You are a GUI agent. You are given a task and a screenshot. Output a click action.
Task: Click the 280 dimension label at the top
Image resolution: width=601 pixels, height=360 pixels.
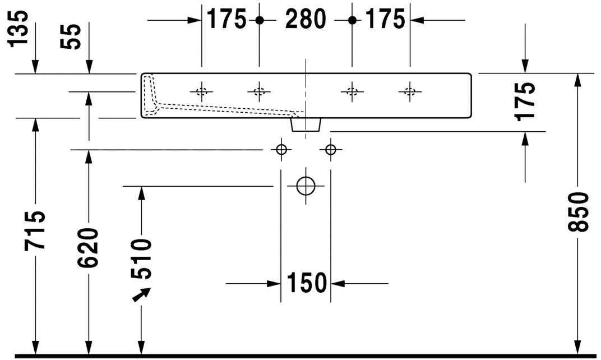click(x=306, y=20)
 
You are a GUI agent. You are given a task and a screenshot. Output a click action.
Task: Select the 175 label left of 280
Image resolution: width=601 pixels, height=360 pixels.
click(x=227, y=20)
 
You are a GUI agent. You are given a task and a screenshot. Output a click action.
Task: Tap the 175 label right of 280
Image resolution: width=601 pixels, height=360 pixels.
click(x=385, y=20)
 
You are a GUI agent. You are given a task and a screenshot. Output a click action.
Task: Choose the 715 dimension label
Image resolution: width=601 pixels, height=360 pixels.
click(x=34, y=230)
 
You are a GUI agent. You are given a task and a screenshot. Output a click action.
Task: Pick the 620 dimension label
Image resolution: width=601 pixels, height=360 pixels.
click(x=88, y=247)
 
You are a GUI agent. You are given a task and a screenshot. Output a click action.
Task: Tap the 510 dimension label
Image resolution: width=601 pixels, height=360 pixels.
click(x=141, y=259)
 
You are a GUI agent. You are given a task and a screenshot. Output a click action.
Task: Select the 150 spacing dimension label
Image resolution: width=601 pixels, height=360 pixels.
click(x=306, y=283)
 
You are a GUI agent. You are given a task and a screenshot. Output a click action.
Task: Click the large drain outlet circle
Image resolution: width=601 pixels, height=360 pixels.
click(x=306, y=186)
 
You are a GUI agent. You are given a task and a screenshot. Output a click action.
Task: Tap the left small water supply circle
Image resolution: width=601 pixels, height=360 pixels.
click(x=281, y=149)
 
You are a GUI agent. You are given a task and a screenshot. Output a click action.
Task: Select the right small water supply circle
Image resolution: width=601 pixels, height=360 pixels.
click(x=330, y=149)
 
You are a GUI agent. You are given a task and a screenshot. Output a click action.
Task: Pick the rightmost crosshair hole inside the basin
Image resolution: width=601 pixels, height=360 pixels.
click(x=409, y=91)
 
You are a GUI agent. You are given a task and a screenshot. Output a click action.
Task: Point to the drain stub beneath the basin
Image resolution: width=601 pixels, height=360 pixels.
click(x=306, y=124)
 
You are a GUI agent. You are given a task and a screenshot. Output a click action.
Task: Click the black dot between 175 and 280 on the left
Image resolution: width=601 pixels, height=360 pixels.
click(x=259, y=20)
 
